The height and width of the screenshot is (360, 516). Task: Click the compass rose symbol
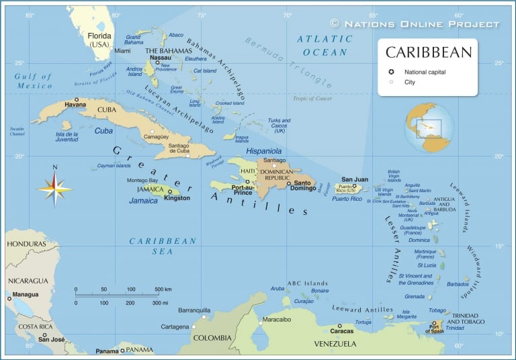coord(55,188)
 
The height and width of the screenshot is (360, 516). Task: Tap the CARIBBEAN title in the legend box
coord(427,52)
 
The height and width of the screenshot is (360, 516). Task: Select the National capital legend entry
coord(425,72)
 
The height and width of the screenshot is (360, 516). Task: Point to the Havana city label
coord(75,105)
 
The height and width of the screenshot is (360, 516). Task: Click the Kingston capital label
coord(177,198)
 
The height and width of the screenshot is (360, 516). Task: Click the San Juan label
coord(355,179)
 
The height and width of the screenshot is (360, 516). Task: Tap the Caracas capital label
coord(341,331)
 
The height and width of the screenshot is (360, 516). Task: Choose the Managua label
coord(25,294)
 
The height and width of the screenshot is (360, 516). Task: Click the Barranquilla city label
coord(194,310)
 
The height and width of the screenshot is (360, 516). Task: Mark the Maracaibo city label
coord(276,320)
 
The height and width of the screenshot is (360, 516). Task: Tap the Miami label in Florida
coord(122,50)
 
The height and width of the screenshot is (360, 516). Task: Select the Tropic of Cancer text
coord(312,99)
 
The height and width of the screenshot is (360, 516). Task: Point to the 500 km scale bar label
coord(163,289)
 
